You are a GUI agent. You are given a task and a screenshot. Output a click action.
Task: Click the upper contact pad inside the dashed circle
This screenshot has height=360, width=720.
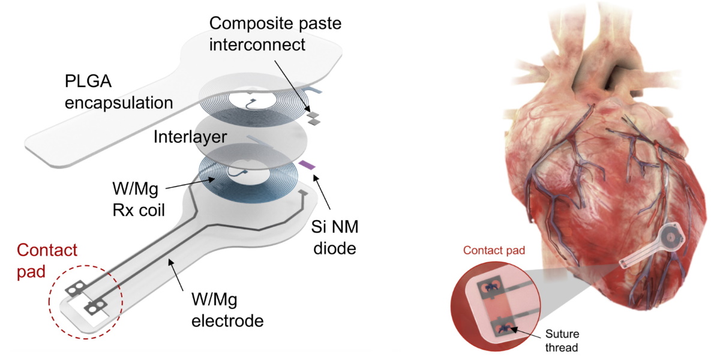tap(75, 290)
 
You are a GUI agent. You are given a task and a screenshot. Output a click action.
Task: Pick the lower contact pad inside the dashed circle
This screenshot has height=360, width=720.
tap(93, 310)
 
